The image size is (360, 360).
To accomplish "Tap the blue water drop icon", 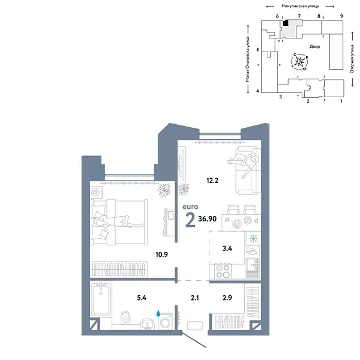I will pyautogui.click(x=159, y=313).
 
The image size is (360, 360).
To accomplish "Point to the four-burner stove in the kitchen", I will pyautogui.click(x=221, y=271).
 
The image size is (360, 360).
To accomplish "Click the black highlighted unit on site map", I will pyautogui.click(x=286, y=23).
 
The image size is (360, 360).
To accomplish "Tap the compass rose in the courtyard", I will pyautogui.click(x=302, y=61).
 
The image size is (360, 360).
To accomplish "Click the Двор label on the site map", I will pyautogui.click(x=315, y=46).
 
